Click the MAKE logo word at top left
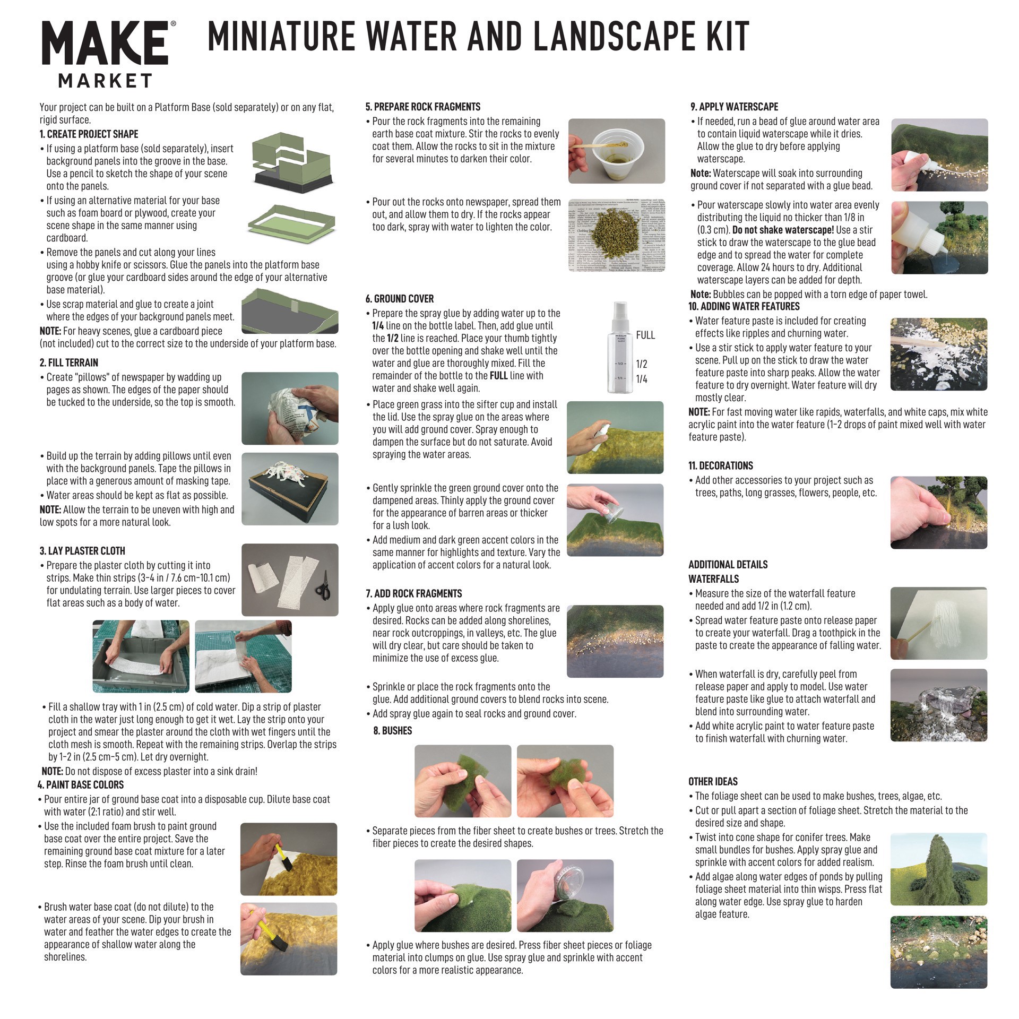[105, 45]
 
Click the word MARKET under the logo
[105, 81]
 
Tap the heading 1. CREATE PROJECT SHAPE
[89, 134]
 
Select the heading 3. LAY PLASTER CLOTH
[82, 551]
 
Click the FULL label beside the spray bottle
[645, 335]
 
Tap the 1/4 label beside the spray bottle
[641, 379]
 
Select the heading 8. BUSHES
[392, 731]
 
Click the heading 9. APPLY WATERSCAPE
[734, 107]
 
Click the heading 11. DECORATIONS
[720, 465]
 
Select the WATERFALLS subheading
[713, 579]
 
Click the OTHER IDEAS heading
[713, 782]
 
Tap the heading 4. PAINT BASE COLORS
[80, 785]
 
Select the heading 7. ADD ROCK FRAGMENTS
[413, 593]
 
